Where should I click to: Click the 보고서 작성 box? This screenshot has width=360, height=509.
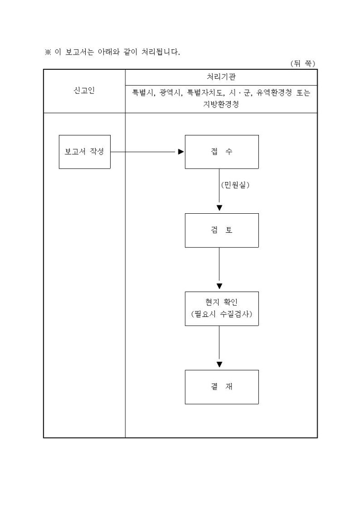(x=85, y=152)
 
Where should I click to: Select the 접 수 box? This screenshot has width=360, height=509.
(x=221, y=152)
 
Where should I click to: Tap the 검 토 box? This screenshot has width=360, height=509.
(x=221, y=230)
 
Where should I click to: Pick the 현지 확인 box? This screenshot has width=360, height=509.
(x=221, y=308)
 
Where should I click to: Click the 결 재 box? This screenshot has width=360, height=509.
(x=221, y=387)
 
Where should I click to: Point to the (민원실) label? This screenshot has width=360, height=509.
(x=235, y=185)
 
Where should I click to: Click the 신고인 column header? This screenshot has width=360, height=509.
(x=84, y=90)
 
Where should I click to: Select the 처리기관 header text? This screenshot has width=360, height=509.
(x=221, y=77)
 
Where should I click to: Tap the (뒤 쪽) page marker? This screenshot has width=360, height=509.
(x=303, y=63)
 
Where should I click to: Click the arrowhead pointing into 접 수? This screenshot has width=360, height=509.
(x=181, y=152)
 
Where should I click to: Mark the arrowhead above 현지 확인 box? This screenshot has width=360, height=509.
(x=219, y=286)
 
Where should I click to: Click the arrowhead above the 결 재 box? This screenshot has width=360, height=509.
(x=219, y=365)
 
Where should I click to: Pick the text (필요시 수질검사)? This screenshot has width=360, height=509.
(x=221, y=314)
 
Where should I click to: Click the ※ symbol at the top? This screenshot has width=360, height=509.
(x=47, y=52)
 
